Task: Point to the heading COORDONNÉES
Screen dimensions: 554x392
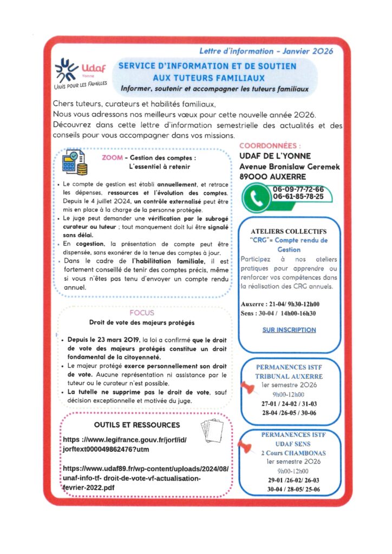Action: [270, 146]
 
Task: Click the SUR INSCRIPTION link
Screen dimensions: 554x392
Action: [289, 329]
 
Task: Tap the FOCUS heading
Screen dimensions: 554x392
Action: [142, 313]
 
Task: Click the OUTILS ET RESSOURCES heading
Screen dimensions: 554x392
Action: [137, 425]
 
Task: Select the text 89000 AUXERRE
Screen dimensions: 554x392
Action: [272, 176]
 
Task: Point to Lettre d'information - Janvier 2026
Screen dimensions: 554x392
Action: [266, 51]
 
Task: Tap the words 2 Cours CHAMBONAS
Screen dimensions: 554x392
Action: [293, 453]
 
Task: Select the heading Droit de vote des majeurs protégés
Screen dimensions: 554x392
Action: [142, 323]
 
